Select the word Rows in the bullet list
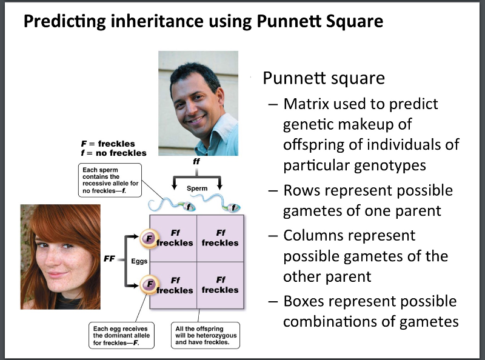coord(304,190)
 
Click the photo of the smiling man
coord(198,103)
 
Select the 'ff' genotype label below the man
coord(196,162)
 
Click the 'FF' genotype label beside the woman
coord(110,259)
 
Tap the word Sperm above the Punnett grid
coord(197,188)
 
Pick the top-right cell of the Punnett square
coord(220,238)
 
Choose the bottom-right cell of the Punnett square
coord(220,285)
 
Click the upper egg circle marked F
coord(147,238)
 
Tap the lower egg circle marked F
coord(147,283)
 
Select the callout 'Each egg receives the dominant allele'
coord(121,335)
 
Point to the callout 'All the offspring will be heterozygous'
coord(206,335)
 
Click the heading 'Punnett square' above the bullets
coord(323,79)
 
